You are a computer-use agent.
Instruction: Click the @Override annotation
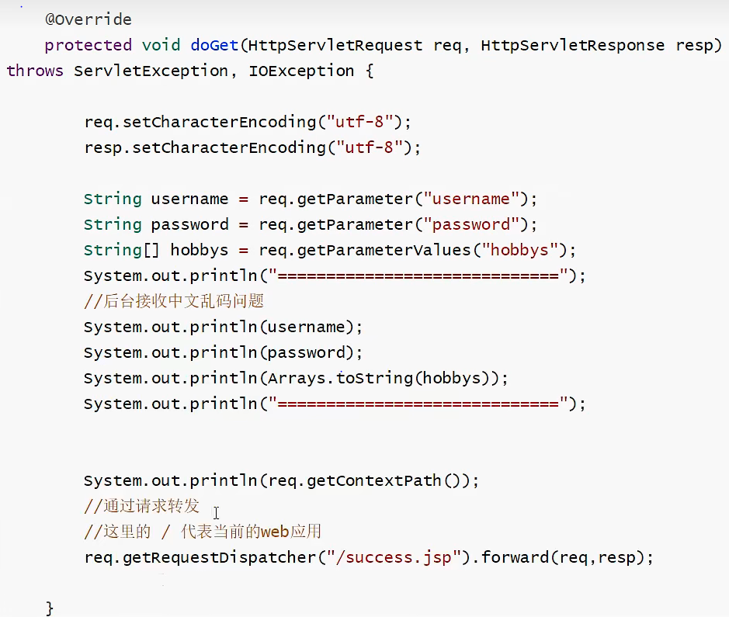click(88, 19)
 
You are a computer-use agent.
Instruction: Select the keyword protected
click(88, 45)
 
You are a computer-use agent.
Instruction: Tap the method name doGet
click(213, 45)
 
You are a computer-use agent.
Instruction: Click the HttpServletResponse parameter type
click(572, 45)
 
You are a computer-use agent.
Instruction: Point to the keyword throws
click(35, 71)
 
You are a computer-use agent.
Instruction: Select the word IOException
click(301, 71)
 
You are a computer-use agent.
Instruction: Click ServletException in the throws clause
click(151, 71)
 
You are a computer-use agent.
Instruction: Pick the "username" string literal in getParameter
click(471, 199)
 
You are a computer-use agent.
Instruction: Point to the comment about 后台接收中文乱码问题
click(175, 301)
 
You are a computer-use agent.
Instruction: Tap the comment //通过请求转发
click(142, 507)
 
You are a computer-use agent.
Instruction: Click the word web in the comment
click(275, 532)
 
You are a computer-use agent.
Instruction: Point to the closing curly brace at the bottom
click(50, 607)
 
